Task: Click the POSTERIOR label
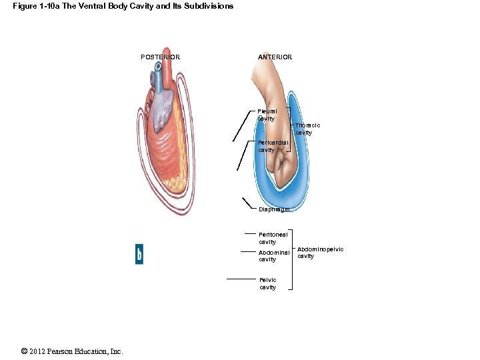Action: (160, 57)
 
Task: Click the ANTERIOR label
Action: (275, 57)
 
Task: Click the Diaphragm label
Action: (274, 209)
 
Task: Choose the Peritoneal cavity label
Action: (273, 238)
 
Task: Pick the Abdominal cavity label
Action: (273, 256)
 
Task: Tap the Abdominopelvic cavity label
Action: (320, 253)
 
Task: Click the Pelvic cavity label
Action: (267, 283)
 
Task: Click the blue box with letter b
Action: (139, 255)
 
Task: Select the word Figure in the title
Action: (25, 6)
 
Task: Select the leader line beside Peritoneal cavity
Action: (250, 235)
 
